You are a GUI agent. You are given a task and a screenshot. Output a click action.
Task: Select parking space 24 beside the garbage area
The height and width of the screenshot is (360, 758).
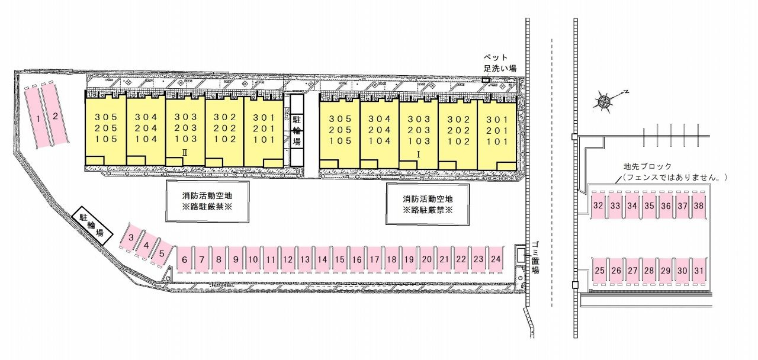[496, 259]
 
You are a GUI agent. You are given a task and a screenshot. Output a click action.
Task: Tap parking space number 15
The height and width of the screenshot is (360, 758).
[339, 259]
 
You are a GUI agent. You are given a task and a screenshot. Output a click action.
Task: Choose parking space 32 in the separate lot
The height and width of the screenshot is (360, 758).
[598, 205]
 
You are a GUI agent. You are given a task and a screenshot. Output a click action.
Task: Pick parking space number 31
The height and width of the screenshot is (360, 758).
[699, 271]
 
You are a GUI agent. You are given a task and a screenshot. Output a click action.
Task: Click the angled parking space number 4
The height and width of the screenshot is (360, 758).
[146, 245]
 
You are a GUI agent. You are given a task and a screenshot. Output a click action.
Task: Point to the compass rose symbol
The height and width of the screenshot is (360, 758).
[603, 101]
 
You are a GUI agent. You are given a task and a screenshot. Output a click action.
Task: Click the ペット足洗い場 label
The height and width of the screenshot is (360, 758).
[499, 63]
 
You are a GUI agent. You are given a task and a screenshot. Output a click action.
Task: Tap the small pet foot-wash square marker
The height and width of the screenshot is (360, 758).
[486, 80]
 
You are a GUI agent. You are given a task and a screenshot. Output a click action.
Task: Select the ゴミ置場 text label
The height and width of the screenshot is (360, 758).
[535, 258]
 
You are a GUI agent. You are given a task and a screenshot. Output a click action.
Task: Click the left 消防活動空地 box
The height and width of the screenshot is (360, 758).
[207, 202]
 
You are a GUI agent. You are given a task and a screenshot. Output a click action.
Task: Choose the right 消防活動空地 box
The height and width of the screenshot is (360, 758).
[428, 204]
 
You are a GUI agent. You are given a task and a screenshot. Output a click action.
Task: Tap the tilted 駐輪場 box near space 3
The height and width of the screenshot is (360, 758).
[91, 226]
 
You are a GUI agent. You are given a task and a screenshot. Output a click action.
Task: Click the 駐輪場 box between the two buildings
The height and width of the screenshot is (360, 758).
[297, 130]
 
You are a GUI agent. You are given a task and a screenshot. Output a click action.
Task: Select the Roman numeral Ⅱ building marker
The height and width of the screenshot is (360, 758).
[185, 153]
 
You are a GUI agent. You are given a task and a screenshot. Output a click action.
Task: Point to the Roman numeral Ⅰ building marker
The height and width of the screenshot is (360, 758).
[418, 155]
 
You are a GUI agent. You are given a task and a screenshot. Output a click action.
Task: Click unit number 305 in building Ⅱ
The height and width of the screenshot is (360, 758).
[106, 117]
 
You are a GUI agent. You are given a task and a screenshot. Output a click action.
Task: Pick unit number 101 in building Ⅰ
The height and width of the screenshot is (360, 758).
[497, 142]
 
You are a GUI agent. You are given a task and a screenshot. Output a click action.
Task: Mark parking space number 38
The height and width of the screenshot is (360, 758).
[699, 205]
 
